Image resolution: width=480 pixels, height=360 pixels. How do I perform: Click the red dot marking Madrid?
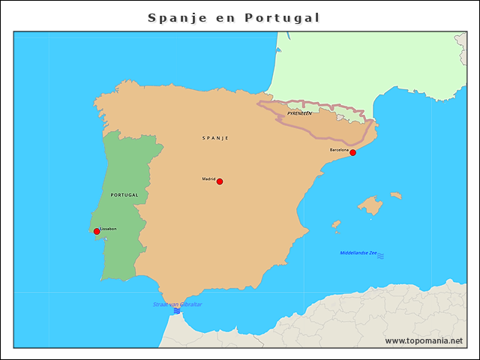[219, 181]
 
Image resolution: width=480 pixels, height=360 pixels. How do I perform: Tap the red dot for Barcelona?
[352, 152]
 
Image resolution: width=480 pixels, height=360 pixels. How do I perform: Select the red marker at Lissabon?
[97, 231]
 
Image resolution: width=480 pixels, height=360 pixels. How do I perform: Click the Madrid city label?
[208, 178]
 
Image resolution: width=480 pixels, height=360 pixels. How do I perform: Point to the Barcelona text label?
[339, 150]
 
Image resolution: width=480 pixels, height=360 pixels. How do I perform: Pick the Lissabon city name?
[108, 229]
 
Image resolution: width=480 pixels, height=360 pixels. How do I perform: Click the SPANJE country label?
[215, 138]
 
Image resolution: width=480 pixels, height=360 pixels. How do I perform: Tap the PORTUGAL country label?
[124, 194]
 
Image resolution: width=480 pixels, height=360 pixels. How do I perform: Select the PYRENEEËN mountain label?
[299, 112]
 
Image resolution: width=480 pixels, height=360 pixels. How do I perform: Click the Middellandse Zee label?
[358, 253]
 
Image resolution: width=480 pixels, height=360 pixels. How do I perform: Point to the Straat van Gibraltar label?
[177, 304]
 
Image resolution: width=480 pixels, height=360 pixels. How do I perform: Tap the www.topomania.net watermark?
[424, 340]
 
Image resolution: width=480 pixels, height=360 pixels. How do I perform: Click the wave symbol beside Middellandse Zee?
[380, 256]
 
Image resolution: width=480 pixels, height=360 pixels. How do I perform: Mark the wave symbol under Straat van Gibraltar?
[177, 310]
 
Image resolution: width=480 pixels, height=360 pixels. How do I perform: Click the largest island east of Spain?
[370, 205]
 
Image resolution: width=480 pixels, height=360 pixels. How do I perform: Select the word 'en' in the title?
[225, 17]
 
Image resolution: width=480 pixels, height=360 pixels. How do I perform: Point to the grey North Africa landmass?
[375, 319]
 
